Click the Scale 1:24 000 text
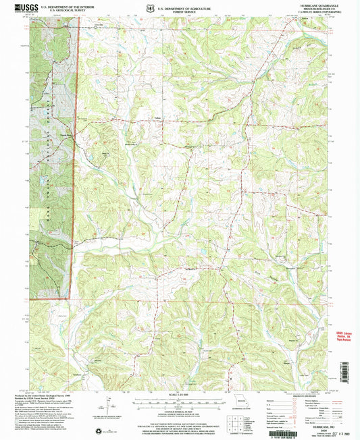(179, 394)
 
